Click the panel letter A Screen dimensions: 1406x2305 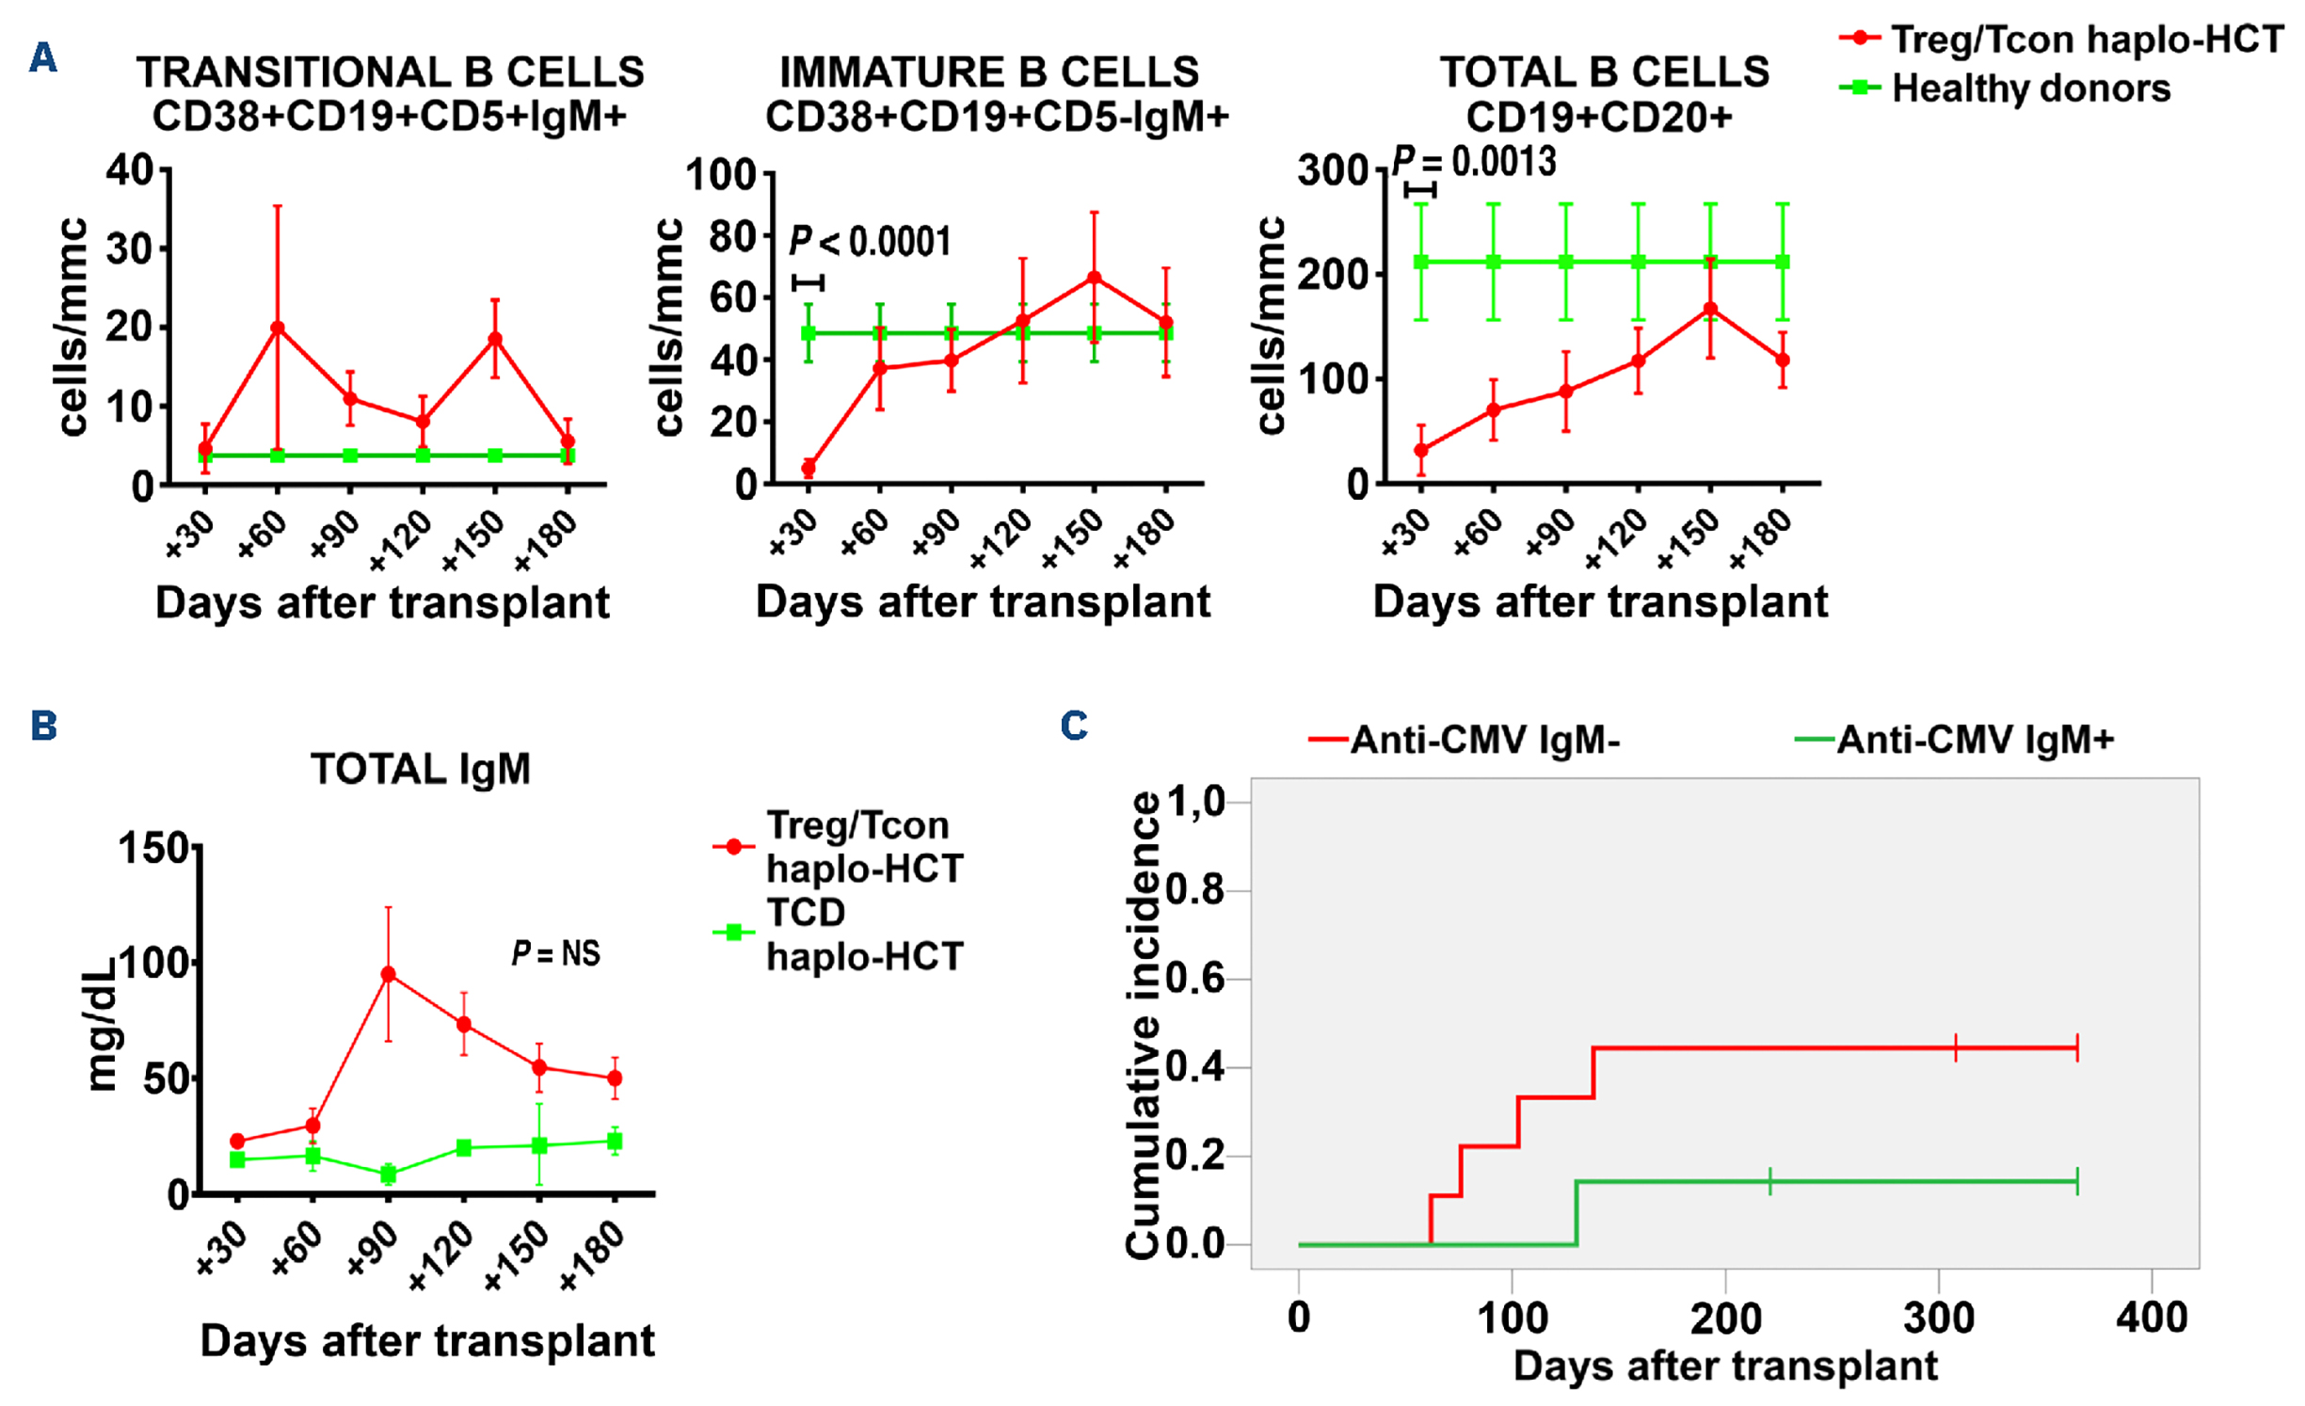pyautogui.click(x=43, y=58)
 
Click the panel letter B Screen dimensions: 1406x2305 pyautogui.click(x=43, y=726)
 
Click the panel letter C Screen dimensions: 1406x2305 pyautogui.click(x=1074, y=726)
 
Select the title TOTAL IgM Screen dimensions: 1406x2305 pyautogui.click(x=421, y=770)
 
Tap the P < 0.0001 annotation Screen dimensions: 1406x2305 pyautogui.click(x=870, y=242)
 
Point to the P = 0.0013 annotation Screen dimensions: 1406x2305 pyautogui.click(x=1474, y=162)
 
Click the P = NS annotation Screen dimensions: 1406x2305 pyautogui.click(x=555, y=953)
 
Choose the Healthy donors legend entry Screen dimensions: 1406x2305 pyautogui.click(x=2030, y=88)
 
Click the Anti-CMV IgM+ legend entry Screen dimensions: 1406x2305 pyautogui.click(x=1974, y=740)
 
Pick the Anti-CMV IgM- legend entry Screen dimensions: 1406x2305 pyautogui.click(x=1484, y=740)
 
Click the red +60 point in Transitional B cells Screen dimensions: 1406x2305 pyautogui.click(x=278, y=328)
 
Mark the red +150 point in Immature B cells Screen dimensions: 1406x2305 pyautogui.click(x=1094, y=278)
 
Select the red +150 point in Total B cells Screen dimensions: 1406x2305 pyautogui.click(x=1710, y=309)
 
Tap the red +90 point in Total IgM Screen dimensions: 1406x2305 pyautogui.click(x=388, y=974)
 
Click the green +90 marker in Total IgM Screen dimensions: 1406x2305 pyautogui.click(x=388, y=1174)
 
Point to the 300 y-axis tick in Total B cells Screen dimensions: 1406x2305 pyautogui.click(x=1331, y=171)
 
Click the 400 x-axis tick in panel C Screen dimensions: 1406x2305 pyautogui.click(x=2152, y=1318)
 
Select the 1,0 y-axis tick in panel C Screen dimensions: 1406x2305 pyautogui.click(x=1196, y=802)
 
